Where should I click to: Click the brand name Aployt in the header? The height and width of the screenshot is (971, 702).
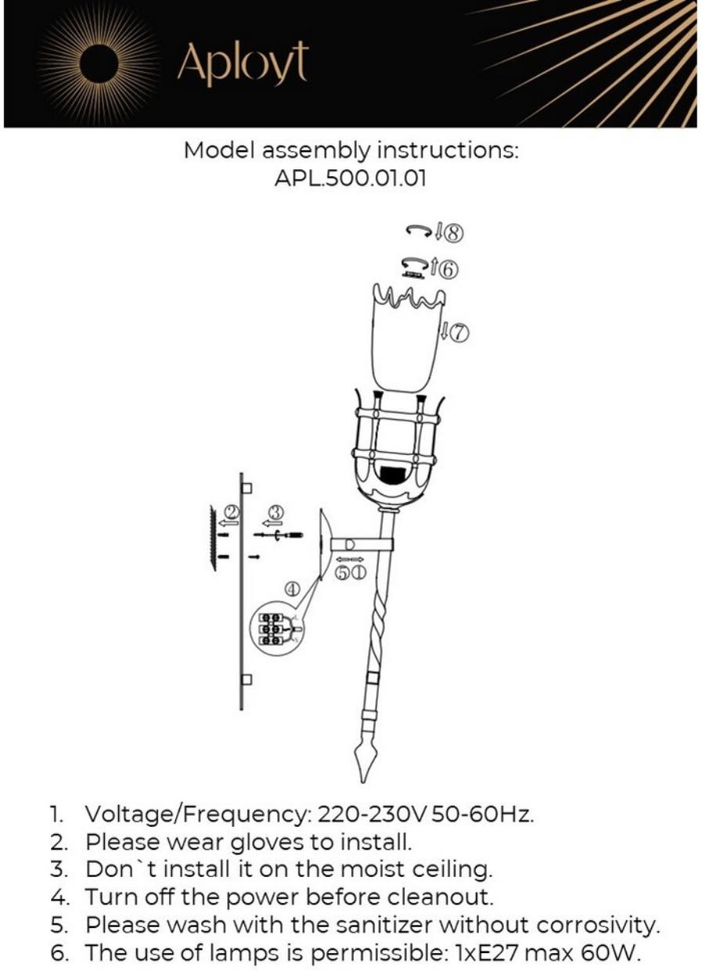(x=242, y=65)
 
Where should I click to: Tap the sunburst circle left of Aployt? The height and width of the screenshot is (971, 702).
(x=100, y=64)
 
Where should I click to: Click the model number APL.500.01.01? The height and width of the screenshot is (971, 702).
(x=351, y=178)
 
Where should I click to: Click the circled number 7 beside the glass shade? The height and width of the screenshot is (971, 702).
(x=459, y=333)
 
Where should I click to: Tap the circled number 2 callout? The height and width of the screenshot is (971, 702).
(x=232, y=514)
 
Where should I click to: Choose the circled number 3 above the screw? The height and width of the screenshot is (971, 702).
(x=275, y=514)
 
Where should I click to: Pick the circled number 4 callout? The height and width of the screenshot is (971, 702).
(x=292, y=587)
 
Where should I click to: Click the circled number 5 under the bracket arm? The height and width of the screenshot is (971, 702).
(x=343, y=573)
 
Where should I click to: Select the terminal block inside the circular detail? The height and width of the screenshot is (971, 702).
(x=271, y=629)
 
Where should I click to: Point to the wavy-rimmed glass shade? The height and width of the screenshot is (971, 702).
(x=406, y=341)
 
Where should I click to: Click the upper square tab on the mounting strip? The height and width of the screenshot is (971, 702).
(x=247, y=488)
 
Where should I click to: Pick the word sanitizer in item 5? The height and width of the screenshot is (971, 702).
(x=375, y=926)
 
